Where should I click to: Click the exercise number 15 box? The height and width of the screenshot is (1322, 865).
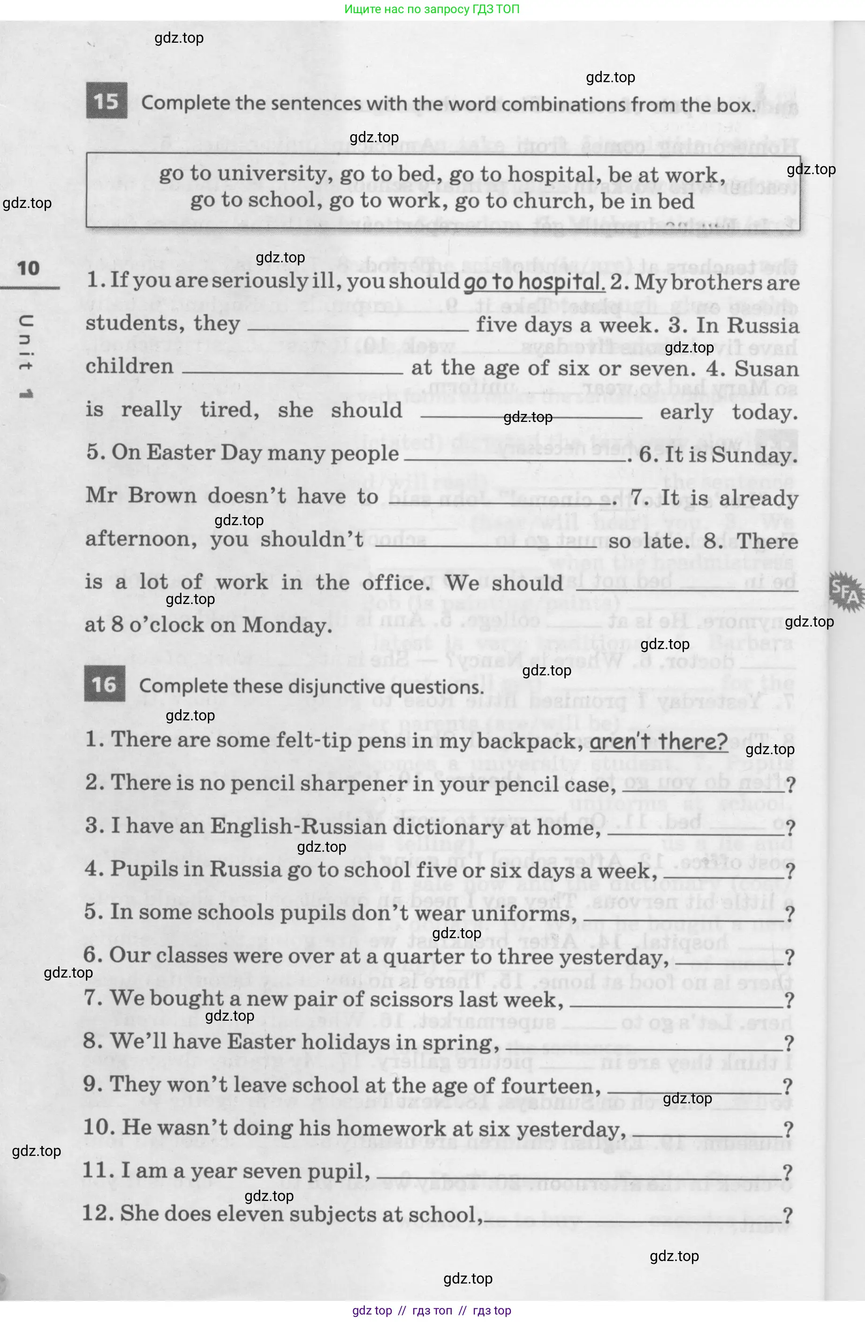click(x=106, y=100)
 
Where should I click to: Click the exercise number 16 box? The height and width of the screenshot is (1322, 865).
click(x=105, y=684)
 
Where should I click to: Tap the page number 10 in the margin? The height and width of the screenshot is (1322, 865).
click(x=28, y=269)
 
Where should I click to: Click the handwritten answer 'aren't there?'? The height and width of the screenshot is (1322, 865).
click(x=659, y=741)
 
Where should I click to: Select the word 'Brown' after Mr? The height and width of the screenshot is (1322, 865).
click(x=162, y=496)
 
